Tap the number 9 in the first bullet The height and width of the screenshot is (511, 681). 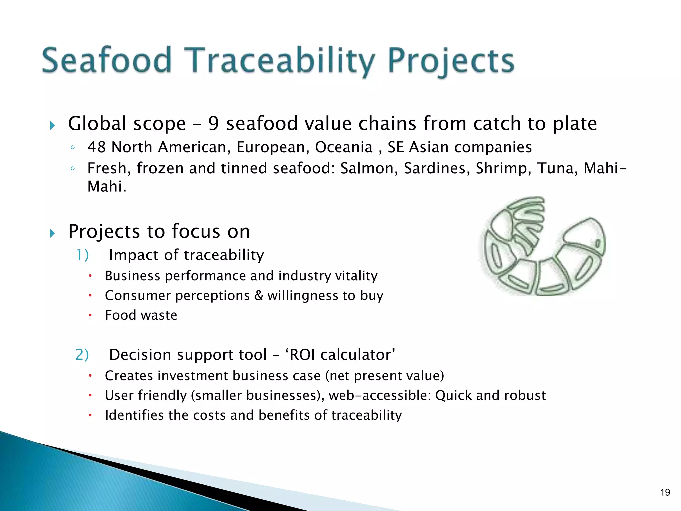[213, 124]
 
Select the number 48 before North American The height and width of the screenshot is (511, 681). [97, 147]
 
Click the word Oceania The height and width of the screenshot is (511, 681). [343, 147]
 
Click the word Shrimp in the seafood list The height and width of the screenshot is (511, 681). [503, 169]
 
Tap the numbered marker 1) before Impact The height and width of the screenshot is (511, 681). [82, 255]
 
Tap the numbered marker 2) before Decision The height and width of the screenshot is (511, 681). [82, 355]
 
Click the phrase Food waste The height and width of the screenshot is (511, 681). [141, 315]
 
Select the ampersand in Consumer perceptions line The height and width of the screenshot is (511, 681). [259, 296]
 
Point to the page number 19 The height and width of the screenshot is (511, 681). [665, 492]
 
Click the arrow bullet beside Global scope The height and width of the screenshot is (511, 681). [52, 126]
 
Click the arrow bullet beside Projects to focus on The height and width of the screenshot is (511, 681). [52, 233]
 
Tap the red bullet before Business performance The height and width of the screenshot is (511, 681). [90, 276]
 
